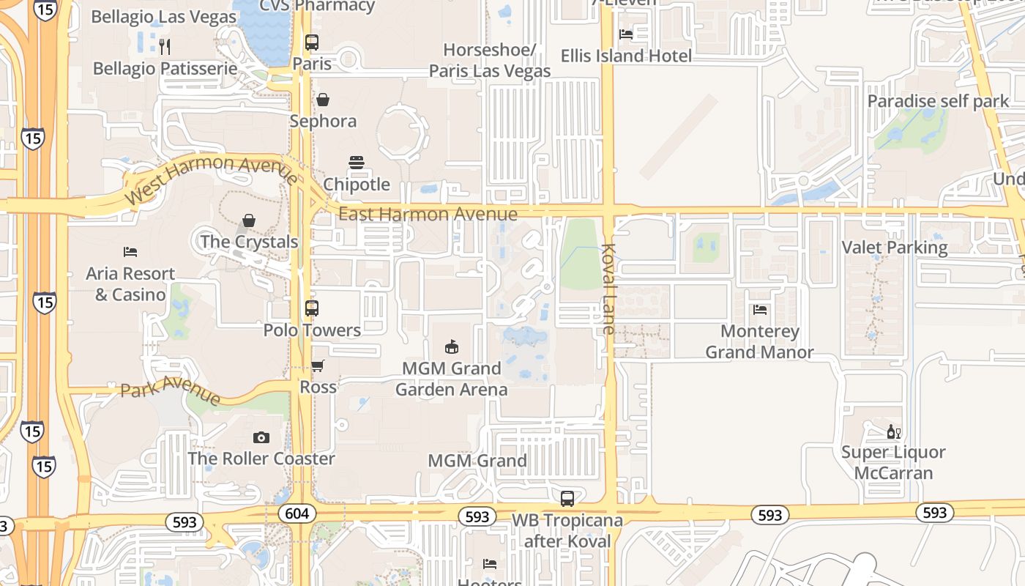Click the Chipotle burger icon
click(357, 162)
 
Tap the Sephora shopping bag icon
click(322, 99)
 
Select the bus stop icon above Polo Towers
click(312, 308)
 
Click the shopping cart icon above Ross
click(318, 365)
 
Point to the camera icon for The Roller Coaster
click(261, 437)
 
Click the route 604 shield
click(297, 513)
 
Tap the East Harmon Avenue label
click(428, 214)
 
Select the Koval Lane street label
click(608, 289)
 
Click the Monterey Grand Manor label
click(759, 341)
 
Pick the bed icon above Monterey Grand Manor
click(760, 310)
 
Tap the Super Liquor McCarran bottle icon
click(893, 431)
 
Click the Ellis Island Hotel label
click(626, 56)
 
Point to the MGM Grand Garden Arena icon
click(452, 346)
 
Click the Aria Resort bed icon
click(130, 252)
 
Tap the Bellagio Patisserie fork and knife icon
click(165, 47)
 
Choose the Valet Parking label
click(894, 248)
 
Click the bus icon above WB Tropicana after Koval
click(567, 499)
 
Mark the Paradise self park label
click(938, 101)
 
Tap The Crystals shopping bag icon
click(249, 220)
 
